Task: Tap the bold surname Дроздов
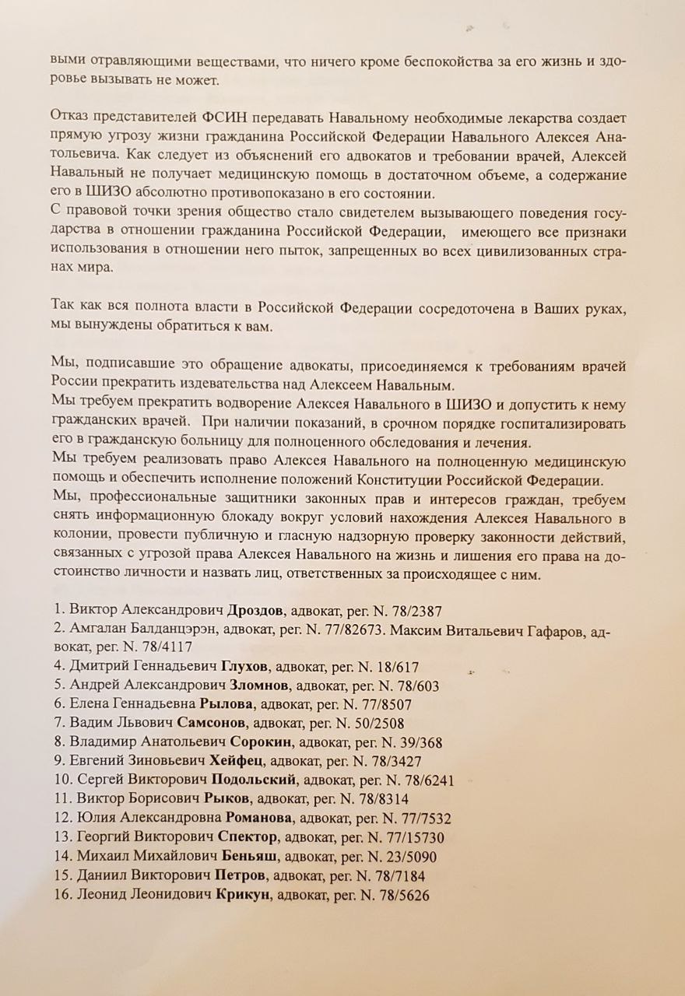(262, 610)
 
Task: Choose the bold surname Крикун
(243, 896)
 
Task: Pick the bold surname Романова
(260, 819)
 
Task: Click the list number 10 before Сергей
(64, 780)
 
